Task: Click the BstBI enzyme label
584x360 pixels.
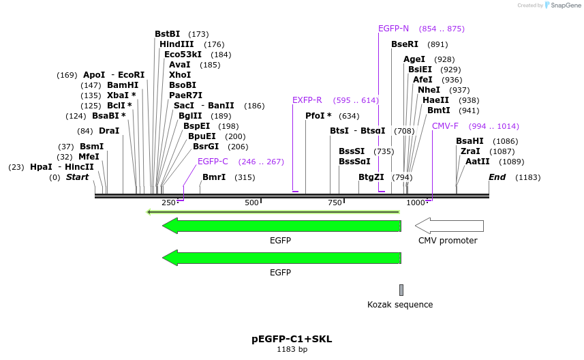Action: pyautogui.click(x=167, y=34)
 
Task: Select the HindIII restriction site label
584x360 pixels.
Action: pyautogui.click(x=176, y=44)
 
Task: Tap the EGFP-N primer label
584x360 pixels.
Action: pyautogui.click(x=393, y=29)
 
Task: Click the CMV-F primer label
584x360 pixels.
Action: pyautogui.click(x=445, y=126)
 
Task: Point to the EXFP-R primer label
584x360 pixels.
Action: pyautogui.click(x=307, y=100)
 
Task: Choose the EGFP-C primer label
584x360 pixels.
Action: pyautogui.click(x=213, y=162)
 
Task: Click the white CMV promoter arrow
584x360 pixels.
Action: pyautogui.click(x=449, y=226)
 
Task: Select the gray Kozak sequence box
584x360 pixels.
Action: pyautogui.click(x=401, y=290)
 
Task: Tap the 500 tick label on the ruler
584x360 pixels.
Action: pyautogui.click(x=251, y=203)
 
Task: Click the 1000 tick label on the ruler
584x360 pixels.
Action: pyautogui.click(x=415, y=203)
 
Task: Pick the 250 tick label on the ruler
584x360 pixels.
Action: pyautogui.click(x=168, y=203)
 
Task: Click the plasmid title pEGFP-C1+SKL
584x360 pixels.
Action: pyautogui.click(x=292, y=339)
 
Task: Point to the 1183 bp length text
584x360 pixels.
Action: pyautogui.click(x=292, y=349)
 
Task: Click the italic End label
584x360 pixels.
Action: pyautogui.click(x=497, y=177)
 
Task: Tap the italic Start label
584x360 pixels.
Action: pyautogui.click(x=77, y=177)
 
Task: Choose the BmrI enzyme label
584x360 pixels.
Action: pyautogui.click(x=214, y=177)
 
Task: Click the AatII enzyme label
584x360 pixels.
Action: pyautogui.click(x=477, y=162)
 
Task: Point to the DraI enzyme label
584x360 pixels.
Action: pyautogui.click(x=109, y=131)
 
